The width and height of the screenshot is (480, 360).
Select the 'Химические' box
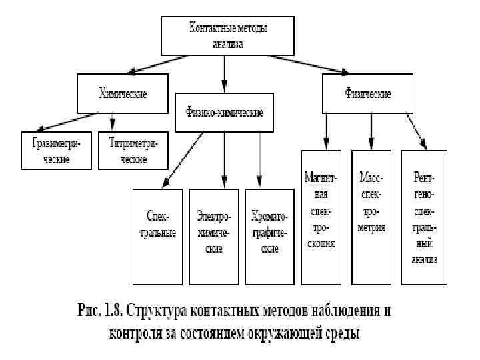tap(122, 93)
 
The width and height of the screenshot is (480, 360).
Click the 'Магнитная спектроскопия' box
tap(321, 217)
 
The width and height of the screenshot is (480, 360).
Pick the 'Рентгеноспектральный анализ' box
tap(423, 217)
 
